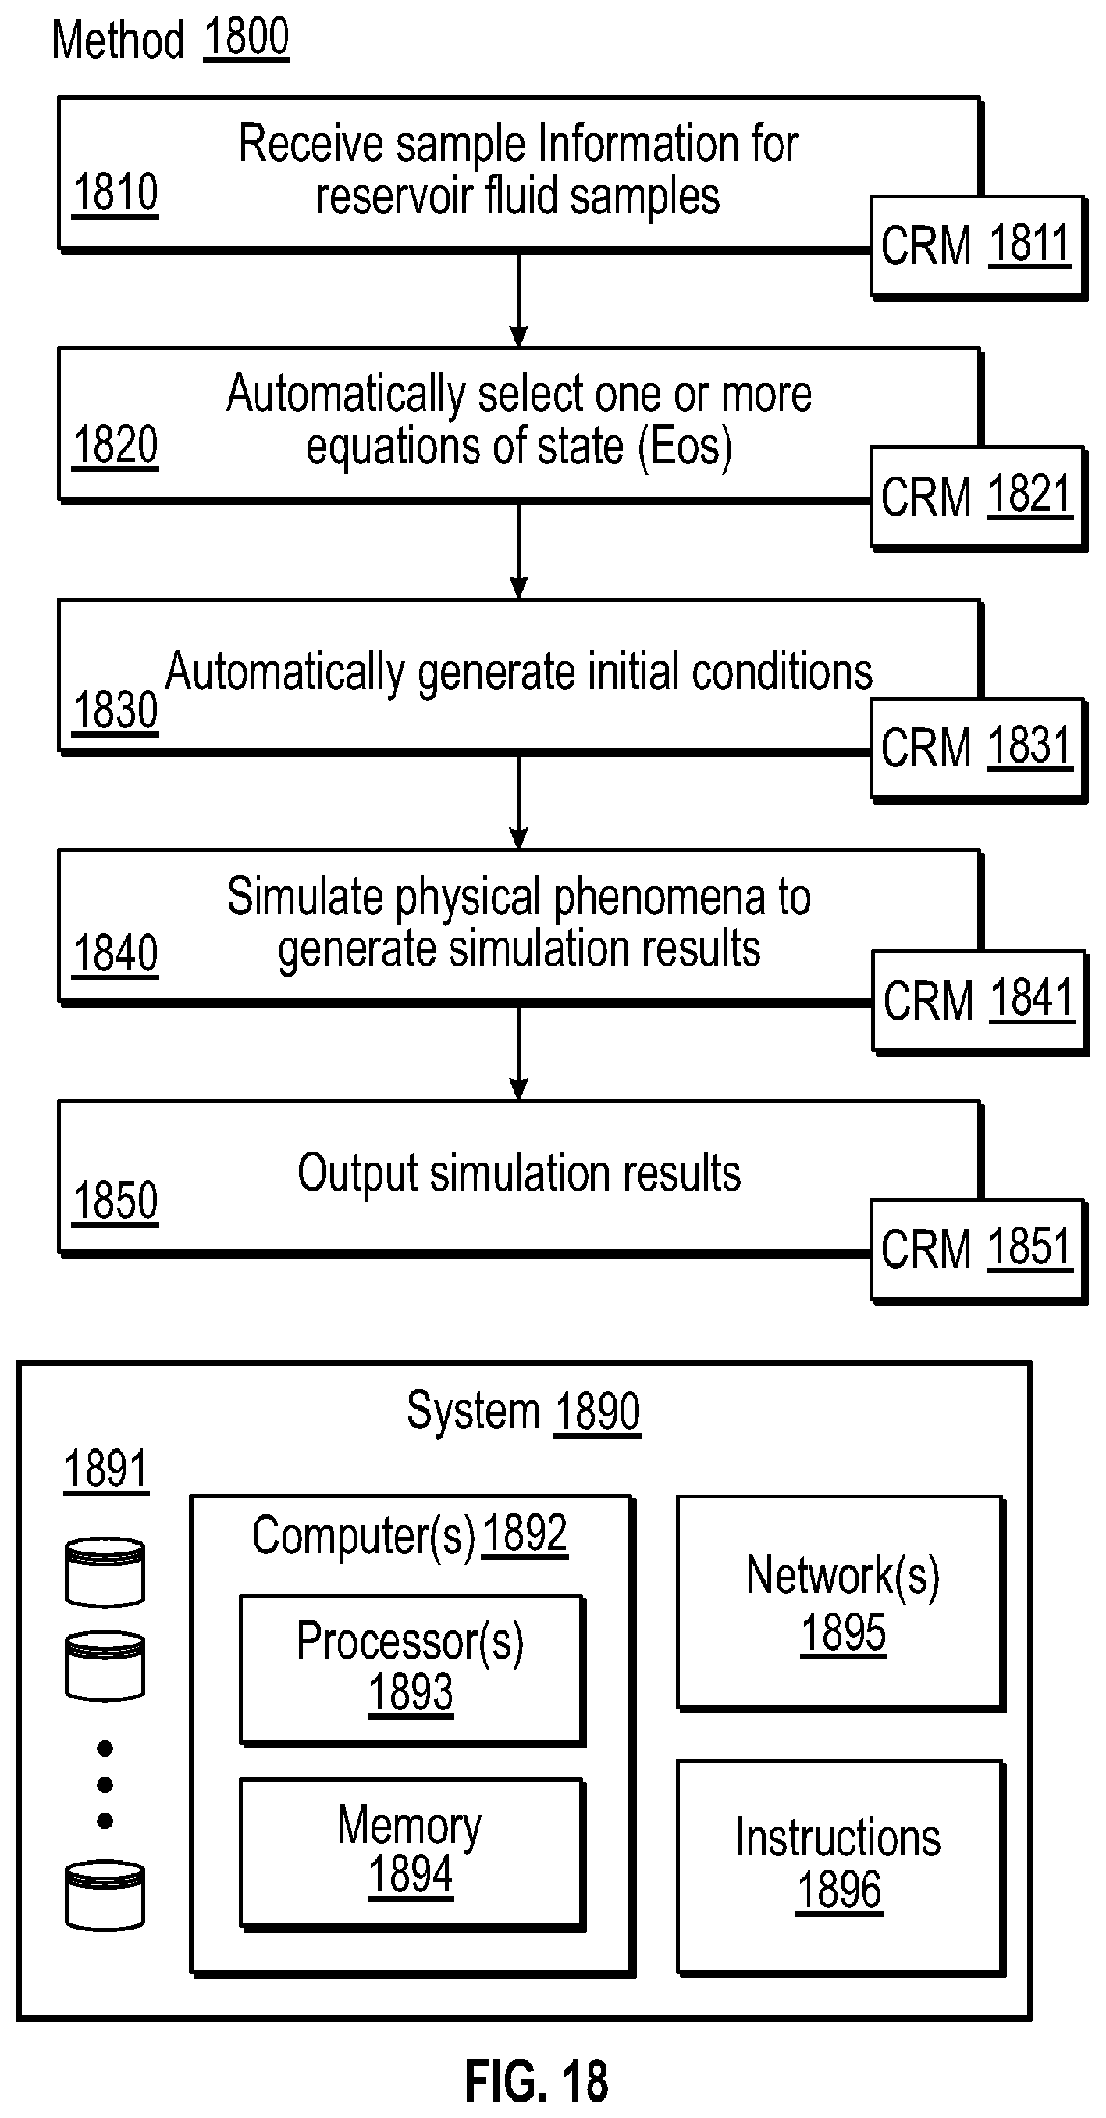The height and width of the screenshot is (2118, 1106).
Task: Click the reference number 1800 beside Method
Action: point(246,37)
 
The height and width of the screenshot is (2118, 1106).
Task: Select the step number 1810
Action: point(115,193)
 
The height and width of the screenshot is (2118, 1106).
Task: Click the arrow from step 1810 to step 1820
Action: point(518,299)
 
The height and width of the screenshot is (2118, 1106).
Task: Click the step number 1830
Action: point(115,709)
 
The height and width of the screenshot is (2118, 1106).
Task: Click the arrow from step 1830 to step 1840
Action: point(518,802)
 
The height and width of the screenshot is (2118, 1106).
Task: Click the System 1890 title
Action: point(524,1411)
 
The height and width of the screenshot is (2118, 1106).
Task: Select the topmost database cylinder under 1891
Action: point(105,1571)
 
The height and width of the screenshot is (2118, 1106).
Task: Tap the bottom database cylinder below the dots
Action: point(105,1895)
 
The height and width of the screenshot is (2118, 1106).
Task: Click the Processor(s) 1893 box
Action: point(411,1668)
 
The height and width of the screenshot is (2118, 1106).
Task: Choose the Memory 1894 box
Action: point(411,1852)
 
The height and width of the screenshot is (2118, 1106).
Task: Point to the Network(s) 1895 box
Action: point(841,1603)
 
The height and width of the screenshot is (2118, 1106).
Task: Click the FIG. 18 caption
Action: point(536,2081)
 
